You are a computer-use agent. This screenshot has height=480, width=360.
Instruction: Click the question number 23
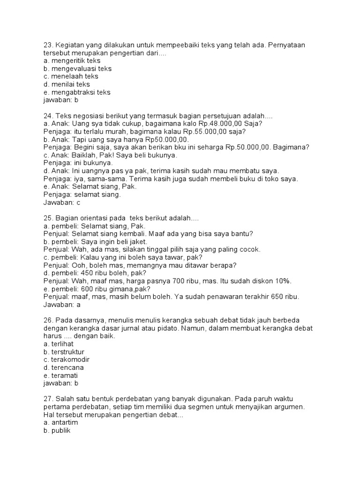[47, 45]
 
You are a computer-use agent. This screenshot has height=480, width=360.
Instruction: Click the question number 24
[47, 116]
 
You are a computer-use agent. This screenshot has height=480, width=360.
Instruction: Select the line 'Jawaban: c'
[62, 202]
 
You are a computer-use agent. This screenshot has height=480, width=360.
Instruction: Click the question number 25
[47, 218]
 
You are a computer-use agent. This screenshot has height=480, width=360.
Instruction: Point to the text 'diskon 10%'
[273, 281]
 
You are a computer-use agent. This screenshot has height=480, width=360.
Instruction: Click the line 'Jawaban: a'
[62, 305]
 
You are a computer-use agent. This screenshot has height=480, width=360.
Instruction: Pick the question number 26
[47, 321]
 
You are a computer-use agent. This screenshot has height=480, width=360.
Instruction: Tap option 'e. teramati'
[60, 375]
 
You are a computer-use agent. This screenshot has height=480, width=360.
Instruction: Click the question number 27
[47, 399]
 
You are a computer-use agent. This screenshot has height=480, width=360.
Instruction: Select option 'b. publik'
[56, 431]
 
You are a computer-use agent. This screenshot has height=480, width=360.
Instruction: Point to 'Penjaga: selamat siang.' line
[82, 195]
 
